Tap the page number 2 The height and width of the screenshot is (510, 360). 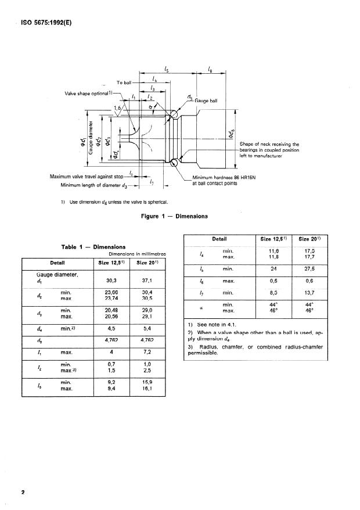click(x=24, y=493)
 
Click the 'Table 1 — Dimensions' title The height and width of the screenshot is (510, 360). click(x=93, y=247)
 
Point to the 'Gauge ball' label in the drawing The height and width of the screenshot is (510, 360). click(x=207, y=100)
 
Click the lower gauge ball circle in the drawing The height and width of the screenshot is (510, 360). click(x=174, y=163)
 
